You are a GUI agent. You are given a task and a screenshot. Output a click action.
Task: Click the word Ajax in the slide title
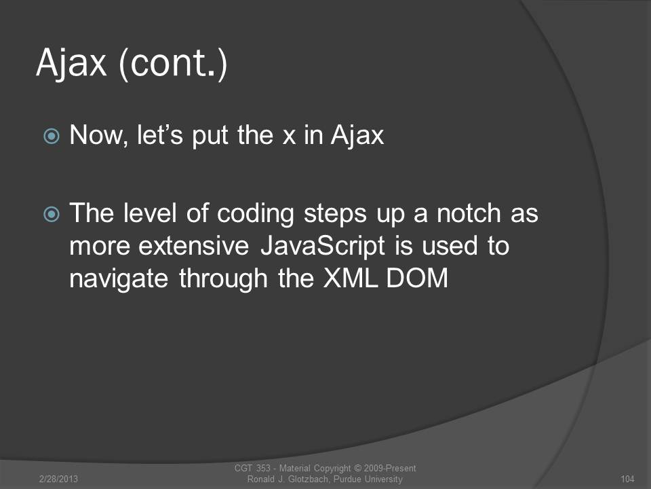71,63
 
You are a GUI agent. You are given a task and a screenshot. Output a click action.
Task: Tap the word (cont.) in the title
173,63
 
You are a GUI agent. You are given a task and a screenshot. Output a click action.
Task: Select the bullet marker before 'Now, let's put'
52,136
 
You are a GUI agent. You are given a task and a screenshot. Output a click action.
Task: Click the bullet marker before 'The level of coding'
52,214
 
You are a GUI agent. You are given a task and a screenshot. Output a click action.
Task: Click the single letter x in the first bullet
289,137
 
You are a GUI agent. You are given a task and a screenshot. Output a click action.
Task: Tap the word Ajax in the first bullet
357,136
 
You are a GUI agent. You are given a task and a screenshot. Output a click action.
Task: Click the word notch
469,213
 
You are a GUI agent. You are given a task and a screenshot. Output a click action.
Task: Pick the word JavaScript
323,247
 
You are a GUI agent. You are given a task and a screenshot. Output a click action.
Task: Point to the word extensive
193,246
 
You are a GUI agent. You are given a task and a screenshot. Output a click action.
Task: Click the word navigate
119,279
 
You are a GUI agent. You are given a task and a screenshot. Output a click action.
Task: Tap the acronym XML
351,278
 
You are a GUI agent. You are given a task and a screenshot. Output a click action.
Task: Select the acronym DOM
417,278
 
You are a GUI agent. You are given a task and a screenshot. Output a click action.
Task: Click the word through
223,279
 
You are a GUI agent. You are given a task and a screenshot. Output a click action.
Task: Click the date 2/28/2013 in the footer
58,479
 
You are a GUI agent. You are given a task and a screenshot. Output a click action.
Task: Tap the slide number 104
627,479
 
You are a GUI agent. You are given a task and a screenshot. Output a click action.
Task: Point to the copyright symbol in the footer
357,468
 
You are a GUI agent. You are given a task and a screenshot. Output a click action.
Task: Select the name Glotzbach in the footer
308,479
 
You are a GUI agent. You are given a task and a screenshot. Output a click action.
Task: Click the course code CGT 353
252,468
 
